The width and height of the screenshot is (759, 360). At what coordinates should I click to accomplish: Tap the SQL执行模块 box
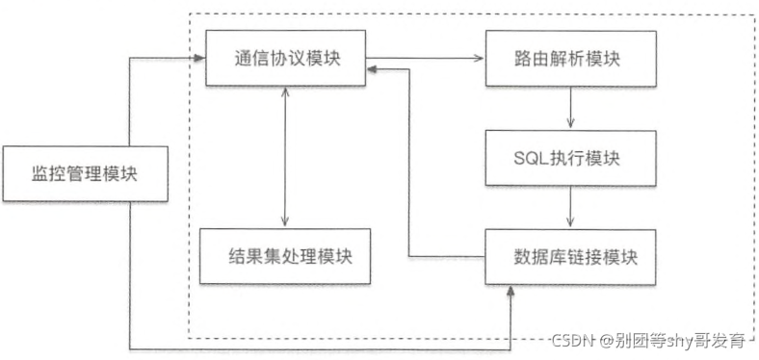click(x=572, y=158)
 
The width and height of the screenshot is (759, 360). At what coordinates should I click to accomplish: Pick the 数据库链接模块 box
click(x=572, y=257)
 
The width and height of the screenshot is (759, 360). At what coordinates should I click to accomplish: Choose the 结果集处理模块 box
click(x=286, y=257)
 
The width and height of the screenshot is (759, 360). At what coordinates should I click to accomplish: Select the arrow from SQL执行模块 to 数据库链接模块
click(x=572, y=206)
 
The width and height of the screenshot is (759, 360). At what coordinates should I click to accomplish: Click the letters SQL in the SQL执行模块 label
click(x=533, y=158)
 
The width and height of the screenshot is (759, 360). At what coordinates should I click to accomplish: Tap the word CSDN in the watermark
click(x=573, y=339)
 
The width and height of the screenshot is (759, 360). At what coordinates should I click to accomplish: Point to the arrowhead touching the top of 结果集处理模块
click(x=286, y=222)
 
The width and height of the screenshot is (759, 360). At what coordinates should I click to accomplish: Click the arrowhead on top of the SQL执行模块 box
click(x=572, y=124)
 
